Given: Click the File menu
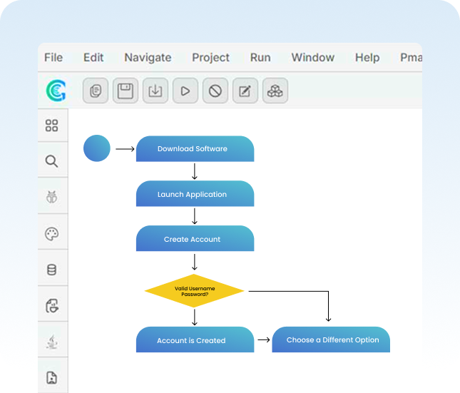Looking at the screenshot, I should pyautogui.click(x=53, y=58).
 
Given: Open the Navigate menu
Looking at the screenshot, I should pyautogui.click(x=148, y=58).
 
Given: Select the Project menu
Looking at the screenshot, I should pyautogui.click(x=210, y=58).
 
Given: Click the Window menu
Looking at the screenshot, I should pyautogui.click(x=312, y=58).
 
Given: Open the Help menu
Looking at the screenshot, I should pyautogui.click(x=367, y=58).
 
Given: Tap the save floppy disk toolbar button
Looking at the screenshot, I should pyautogui.click(x=126, y=91).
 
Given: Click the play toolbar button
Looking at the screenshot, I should pyautogui.click(x=185, y=91).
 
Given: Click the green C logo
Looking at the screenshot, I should pyautogui.click(x=56, y=91).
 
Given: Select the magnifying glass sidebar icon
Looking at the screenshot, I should pyautogui.click(x=51, y=161).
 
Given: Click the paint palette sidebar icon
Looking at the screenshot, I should pyautogui.click(x=51, y=234).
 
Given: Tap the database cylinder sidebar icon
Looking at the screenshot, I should pyautogui.click(x=51, y=270).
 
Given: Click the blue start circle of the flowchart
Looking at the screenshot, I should pyautogui.click(x=97, y=148).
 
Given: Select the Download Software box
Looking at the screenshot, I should pyautogui.click(x=195, y=149).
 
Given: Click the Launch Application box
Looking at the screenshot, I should pyautogui.click(x=195, y=194).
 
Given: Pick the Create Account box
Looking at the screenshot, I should pyautogui.click(x=195, y=239).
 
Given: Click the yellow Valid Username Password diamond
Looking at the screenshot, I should pyautogui.click(x=195, y=291).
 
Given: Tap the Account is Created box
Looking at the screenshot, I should pyautogui.click(x=195, y=340).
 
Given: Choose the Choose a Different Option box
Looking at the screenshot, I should pyautogui.click(x=332, y=340).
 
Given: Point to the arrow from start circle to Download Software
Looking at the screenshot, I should pyautogui.click(x=125, y=149).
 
